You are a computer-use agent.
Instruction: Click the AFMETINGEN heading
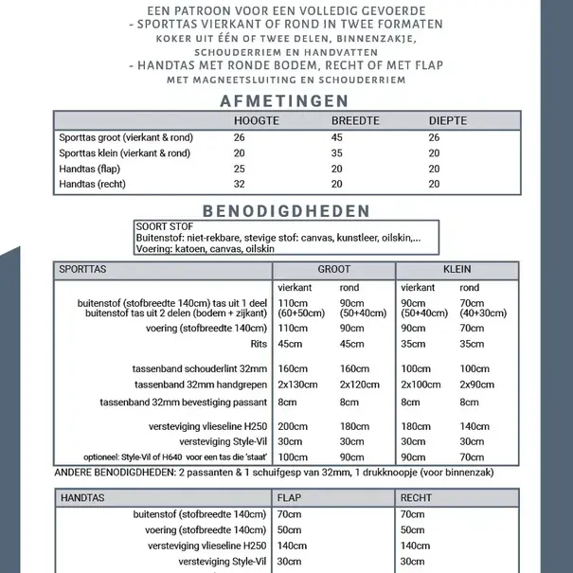[x=284, y=100]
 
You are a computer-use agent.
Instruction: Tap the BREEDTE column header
[x=355, y=121]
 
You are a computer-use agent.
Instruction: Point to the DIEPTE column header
[x=447, y=121]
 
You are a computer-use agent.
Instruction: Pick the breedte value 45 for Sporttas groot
[x=337, y=137]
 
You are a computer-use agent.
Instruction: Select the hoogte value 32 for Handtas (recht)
[x=240, y=184]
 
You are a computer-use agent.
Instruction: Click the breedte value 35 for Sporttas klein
[x=337, y=152]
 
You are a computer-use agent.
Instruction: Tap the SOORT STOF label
[x=165, y=227]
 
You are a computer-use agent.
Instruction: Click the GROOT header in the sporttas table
[x=333, y=269]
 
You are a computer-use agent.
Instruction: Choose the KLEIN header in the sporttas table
[x=457, y=269]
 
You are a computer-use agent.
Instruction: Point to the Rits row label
[x=259, y=345]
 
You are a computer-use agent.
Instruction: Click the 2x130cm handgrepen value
[x=295, y=385]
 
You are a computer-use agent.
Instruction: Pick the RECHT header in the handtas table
[x=416, y=497]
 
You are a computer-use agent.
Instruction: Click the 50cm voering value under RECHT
[x=412, y=529]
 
